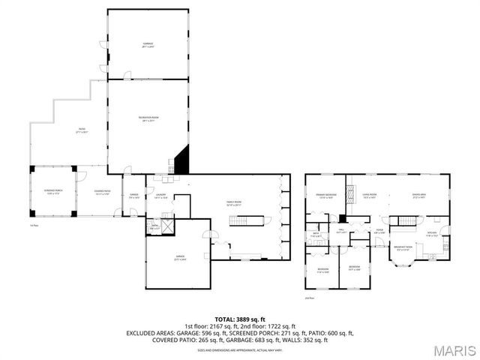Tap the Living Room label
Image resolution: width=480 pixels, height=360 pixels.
coord(369,196)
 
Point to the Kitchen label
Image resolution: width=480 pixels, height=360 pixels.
coord(432,234)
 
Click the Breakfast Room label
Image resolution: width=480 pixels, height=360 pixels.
coord(404,250)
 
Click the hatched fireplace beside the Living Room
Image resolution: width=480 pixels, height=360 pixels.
coord(342,219)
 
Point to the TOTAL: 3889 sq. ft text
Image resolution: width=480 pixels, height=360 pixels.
coord(239,318)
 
